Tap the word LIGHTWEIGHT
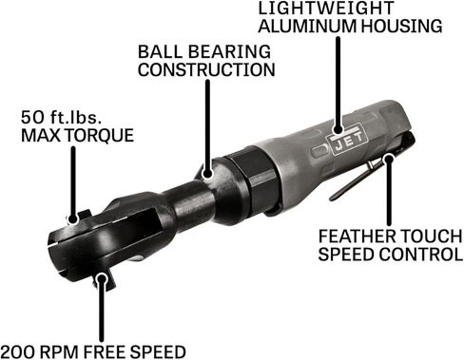coord(325,8)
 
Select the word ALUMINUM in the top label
coord(307,26)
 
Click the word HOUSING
coord(401,26)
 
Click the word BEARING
coord(231,51)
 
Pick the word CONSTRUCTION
coord(206,69)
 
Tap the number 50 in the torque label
coord(33,118)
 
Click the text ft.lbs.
coord(76,118)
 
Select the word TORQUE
coord(100,136)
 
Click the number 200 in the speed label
coord(19,351)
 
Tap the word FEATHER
coord(357,237)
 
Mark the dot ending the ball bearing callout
coord(207,173)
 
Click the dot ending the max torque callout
coord(73,218)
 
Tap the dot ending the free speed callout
coord(102,278)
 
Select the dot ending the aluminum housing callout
coord(338,129)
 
